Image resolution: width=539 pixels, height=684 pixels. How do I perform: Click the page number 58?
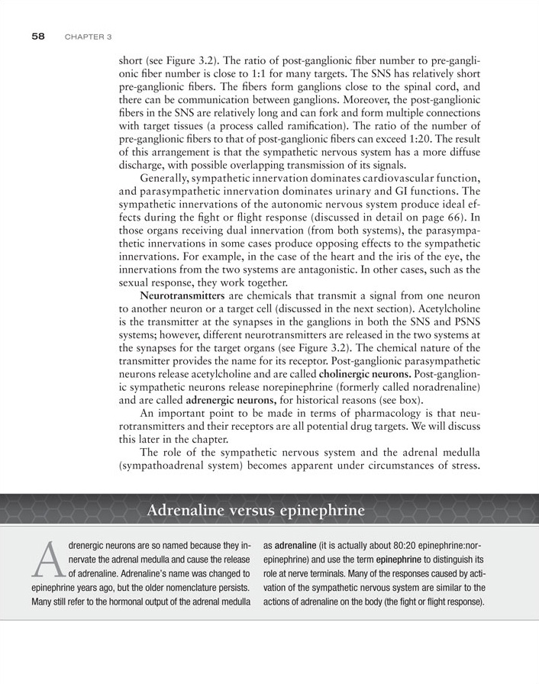40,36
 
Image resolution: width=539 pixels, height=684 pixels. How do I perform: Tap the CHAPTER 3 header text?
89,37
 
